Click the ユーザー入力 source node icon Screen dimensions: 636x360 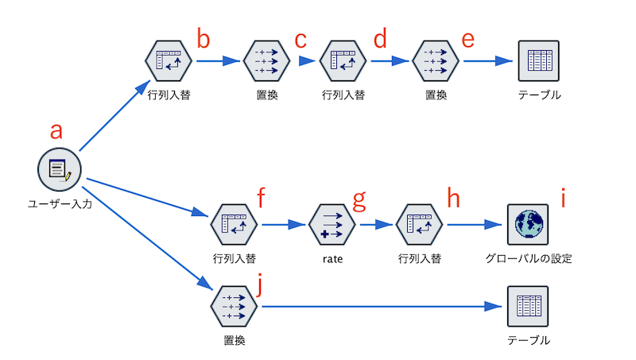coord(59,169)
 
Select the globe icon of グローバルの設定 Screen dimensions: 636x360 coord(528,224)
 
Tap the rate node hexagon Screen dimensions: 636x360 coord(332,224)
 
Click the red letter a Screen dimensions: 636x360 coord(56,131)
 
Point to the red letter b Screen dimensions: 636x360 coord(204,38)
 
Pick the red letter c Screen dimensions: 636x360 coord(301,41)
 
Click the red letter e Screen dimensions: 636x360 coord(467,41)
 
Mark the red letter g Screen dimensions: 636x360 coord(359,200)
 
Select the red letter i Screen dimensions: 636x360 coord(563,198)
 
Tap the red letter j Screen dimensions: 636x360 coord(260,284)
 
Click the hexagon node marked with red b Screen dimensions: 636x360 coord(169,61)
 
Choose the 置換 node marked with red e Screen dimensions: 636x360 coord(436,61)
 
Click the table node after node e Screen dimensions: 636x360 coord(539,61)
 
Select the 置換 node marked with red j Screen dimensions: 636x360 coord(234,306)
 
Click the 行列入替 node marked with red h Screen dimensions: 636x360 coord(420,224)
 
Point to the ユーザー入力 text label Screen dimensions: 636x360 coord(60,203)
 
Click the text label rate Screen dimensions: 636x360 coord(332,258)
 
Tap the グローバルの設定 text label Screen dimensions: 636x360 coord(529,258)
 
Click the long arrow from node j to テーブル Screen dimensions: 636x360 coord(382,307)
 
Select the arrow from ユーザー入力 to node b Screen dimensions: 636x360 coord(114,115)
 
